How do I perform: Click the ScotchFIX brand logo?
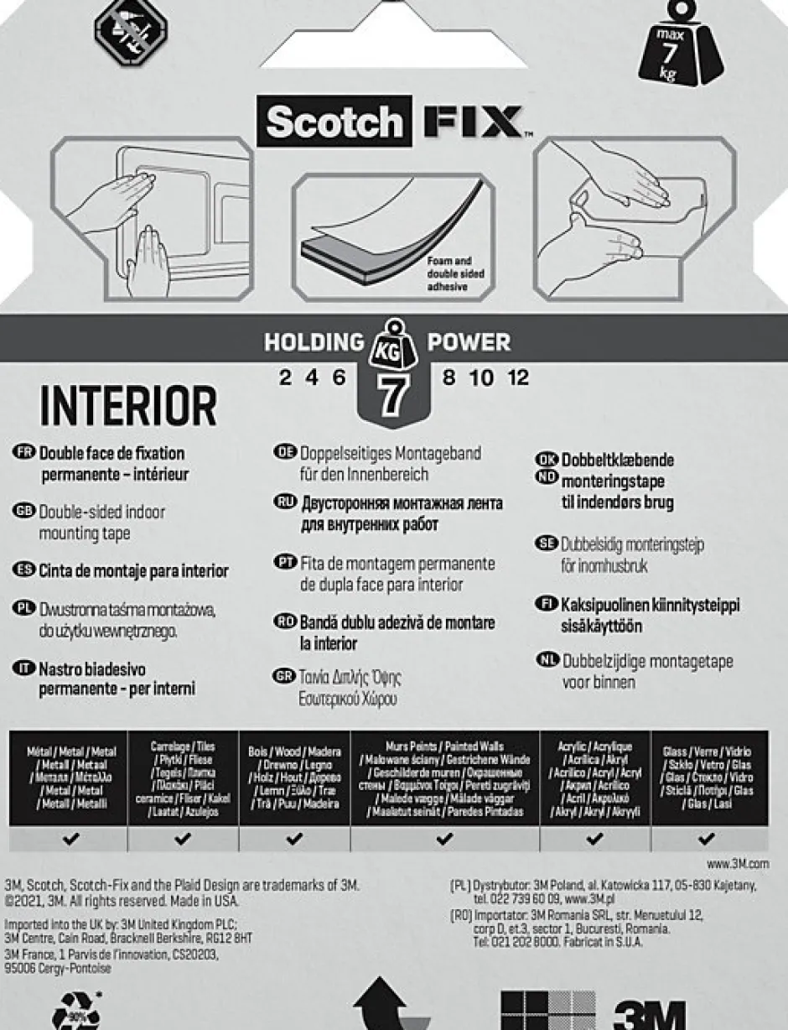click(x=395, y=122)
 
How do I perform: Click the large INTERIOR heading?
click(x=128, y=407)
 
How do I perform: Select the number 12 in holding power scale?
click(x=517, y=378)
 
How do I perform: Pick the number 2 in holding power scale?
click(x=286, y=378)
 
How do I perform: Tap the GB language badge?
click(x=24, y=511)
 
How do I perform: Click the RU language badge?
click(x=286, y=502)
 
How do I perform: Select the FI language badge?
click(x=547, y=604)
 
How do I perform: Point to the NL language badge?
click(x=547, y=661)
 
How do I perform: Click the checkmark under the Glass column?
click(x=706, y=838)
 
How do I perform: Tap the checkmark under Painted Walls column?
click(x=444, y=838)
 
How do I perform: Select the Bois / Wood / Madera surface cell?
click(x=294, y=778)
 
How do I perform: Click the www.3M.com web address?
click(x=737, y=862)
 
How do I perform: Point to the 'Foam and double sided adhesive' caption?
click(x=456, y=274)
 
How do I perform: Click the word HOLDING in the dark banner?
click(x=314, y=342)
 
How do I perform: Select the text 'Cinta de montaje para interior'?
click(x=133, y=571)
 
